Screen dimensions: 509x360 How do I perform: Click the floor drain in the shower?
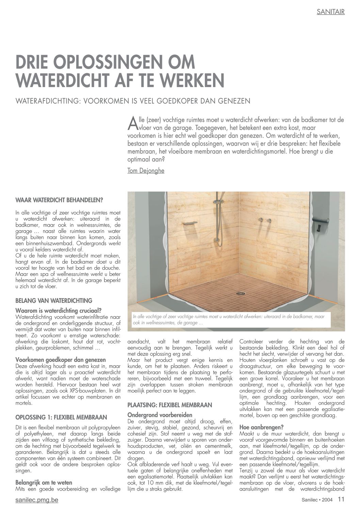[x=241, y=293]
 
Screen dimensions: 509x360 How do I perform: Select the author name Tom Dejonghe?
[x=146, y=171]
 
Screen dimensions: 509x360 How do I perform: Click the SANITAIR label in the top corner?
[x=330, y=12]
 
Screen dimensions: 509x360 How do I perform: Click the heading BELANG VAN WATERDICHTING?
[x=54, y=301]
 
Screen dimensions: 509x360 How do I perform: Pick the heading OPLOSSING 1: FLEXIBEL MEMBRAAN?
[x=61, y=417]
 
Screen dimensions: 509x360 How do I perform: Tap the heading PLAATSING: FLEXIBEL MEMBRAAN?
[x=169, y=405]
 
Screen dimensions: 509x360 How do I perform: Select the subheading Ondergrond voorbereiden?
[x=160, y=415]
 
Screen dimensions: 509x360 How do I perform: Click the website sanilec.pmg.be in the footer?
[x=37, y=500]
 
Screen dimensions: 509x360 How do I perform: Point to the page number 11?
[x=341, y=499]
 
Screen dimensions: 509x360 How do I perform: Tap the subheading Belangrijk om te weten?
[x=44, y=482]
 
